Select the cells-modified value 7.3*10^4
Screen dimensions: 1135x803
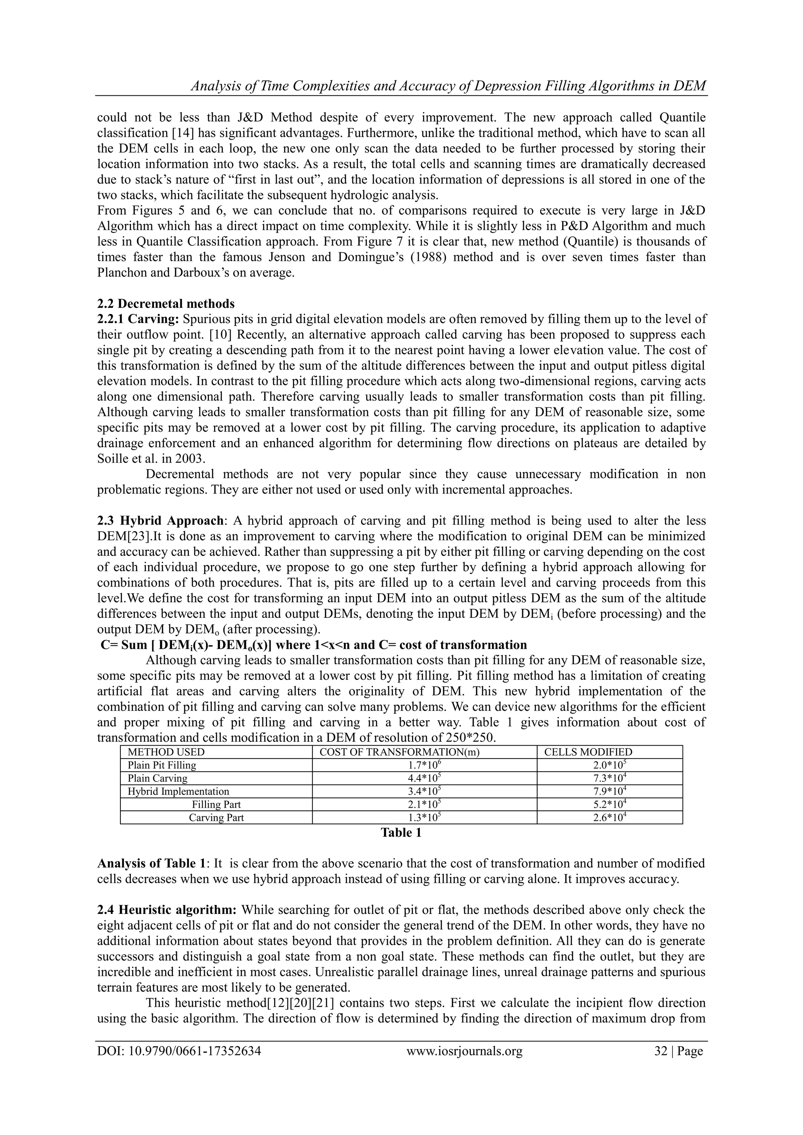610,778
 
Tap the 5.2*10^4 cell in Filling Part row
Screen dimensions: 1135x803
610,804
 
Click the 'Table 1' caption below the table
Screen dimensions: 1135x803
401,833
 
